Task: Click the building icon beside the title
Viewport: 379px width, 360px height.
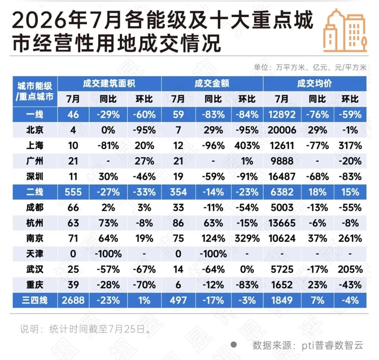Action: click(x=345, y=31)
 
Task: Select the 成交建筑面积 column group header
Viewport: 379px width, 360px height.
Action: click(x=109, y=84)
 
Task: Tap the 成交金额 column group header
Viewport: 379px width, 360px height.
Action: click(x=212, y=84)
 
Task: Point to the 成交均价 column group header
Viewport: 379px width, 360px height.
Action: click(x=315, y=84)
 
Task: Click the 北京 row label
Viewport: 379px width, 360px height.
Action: click(x=35, y=130)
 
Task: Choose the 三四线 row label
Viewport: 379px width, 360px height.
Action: click(x=35, y=300)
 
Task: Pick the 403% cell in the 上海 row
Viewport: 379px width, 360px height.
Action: click(x=247, y=146)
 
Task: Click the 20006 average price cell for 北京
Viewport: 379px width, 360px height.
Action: click(x=282, y=130)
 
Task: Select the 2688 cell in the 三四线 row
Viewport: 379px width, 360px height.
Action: click(x=73, y=300)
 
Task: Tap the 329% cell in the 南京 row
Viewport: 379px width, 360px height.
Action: click(x=247, y=238)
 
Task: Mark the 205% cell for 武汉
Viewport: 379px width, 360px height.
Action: click(x=350, y=270)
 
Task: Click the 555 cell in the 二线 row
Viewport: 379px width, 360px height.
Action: click(x=73, y=192)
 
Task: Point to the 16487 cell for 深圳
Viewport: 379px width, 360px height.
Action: click(x=282, y=176)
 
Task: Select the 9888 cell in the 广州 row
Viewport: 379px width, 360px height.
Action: click(x=282, y=161)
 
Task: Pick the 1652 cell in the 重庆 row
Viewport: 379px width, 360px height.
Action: click(x=282, y=285)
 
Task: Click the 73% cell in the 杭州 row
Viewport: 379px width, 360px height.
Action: click(x=108, y=223)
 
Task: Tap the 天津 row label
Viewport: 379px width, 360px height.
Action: click(x=35, y=254)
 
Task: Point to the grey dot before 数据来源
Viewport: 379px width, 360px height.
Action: click(x=233, y=344)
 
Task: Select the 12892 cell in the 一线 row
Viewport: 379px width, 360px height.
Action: click(x=282, y=115)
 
